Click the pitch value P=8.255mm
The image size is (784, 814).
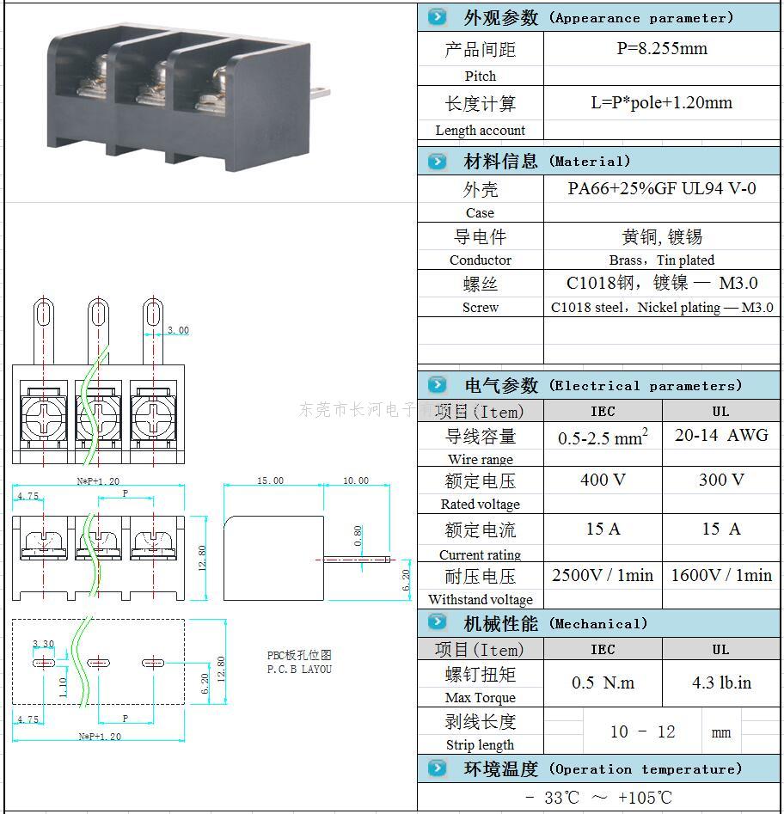click(x=661, y=49)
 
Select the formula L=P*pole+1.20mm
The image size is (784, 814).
click(x=661, y=103)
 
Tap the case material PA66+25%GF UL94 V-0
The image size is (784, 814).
click(x=661, y=188)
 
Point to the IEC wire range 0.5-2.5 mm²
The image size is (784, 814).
click(x=603, y=438)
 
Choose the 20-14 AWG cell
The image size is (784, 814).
click(x=721, y=435)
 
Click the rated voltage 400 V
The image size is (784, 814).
click(x=603, y=480)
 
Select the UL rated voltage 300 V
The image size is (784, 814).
click(x=721, y=480)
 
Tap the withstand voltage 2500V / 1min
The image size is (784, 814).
click(x=603, y=575)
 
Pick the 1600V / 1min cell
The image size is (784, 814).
click(x=721, y=575)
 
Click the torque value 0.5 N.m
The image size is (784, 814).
click(x=603, y=682)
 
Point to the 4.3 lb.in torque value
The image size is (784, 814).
click(x=721, y=682)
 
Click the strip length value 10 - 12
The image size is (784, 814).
click(x=642, y=731)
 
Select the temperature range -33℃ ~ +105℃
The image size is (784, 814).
click(x=598, y=798)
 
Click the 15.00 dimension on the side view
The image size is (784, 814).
click(x=271, y=480)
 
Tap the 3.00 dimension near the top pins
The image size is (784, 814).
click(x=178, y=330)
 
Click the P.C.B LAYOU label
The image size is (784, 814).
click(x=298, y=669)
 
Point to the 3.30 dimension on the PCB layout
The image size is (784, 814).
click(x=43, y=644)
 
